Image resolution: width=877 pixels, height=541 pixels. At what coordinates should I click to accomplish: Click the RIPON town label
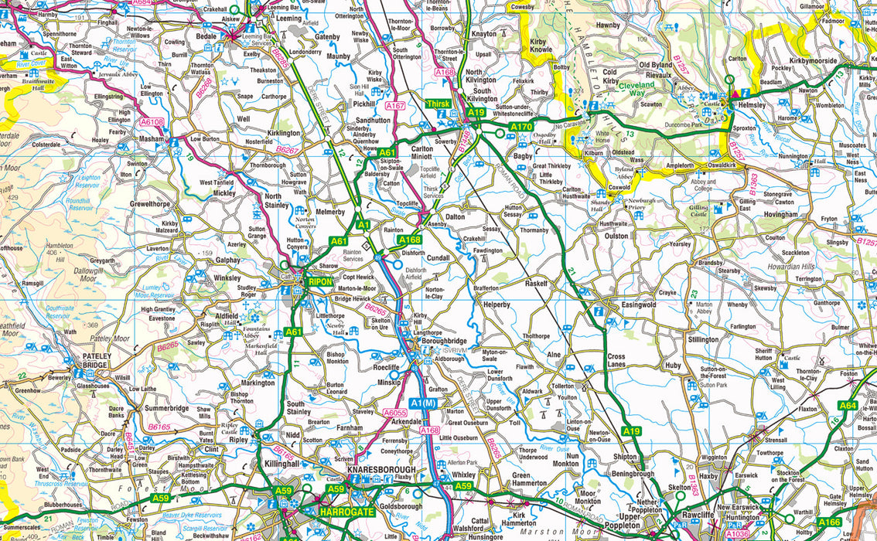coord(319,282)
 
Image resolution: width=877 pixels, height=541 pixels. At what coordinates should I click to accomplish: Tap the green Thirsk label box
coord(442,104)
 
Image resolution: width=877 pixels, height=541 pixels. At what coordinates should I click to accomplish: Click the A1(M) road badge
coord(424,403)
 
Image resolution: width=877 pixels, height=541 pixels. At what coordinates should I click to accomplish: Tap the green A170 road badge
coord(521,126)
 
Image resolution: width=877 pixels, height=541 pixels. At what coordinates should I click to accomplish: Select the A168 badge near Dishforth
coord(409,240)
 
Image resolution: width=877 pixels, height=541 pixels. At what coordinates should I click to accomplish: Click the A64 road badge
coord(848,405)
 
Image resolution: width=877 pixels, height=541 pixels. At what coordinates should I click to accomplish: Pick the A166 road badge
coord(828,522)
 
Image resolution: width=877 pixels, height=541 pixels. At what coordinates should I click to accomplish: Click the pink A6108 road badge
coord(152,121)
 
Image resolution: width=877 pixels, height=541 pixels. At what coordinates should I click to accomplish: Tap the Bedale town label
coord(206,36)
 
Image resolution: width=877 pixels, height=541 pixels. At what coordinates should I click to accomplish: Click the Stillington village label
coord(703,339)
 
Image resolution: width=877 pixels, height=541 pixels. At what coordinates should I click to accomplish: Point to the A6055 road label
coord(395,413)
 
